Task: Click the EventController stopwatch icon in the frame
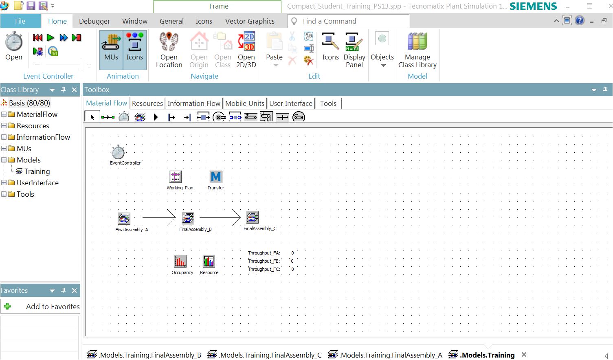118,152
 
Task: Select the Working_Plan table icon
175,176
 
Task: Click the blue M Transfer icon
215,177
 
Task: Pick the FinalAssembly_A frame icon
124,219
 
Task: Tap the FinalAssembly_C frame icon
252,217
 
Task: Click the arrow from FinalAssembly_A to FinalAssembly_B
159,217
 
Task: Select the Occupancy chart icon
180,261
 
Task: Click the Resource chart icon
209,261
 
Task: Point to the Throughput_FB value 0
292,261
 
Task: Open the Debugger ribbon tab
94,21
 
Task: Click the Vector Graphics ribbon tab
250,21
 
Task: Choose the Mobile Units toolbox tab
245,103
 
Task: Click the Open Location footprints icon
169,41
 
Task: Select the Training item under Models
37,171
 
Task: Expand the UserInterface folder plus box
4,182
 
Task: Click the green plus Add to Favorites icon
7,306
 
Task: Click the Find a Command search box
348,21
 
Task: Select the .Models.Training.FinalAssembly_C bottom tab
265,355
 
